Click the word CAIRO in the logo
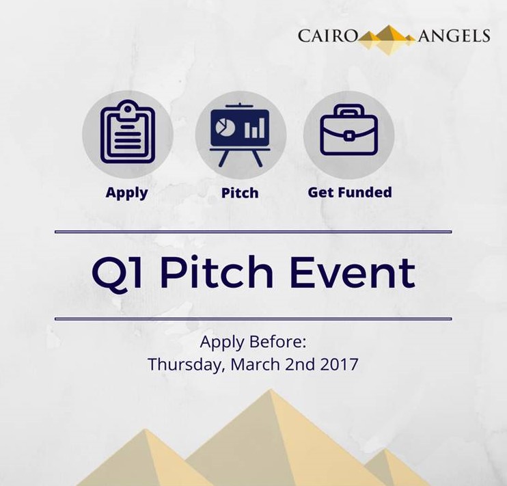327,36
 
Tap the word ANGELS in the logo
454,36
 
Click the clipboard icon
127,131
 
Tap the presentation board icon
240,135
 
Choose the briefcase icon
348,130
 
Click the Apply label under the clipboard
127,193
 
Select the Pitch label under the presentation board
240,193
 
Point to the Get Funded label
350,192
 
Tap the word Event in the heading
353,272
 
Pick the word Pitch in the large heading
217,272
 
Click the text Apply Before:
253,342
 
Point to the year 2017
339,364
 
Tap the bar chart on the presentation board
254,128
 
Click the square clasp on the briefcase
348,135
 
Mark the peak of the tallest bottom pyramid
271,389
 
